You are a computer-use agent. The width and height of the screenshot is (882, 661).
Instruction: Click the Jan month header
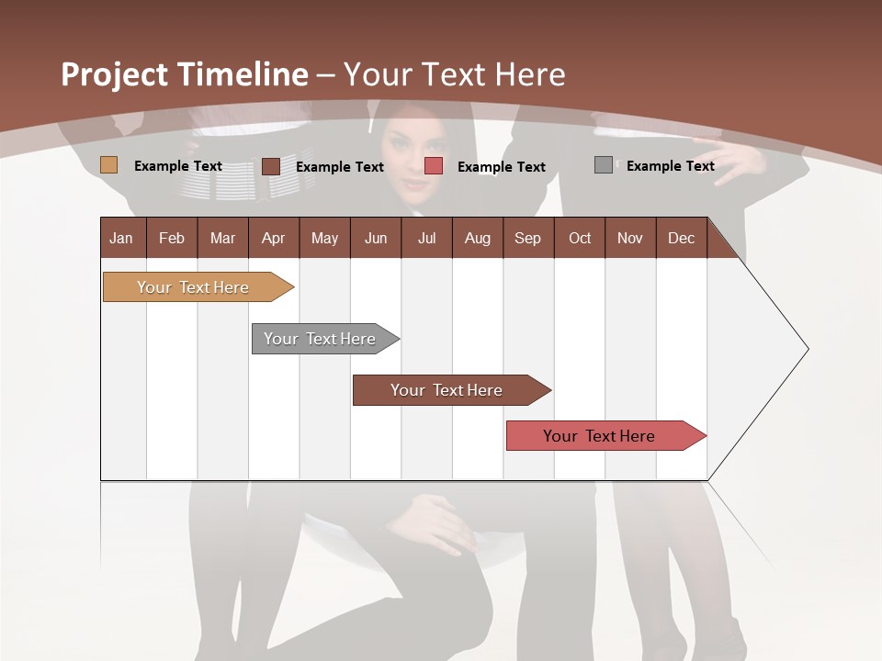click(122, 238)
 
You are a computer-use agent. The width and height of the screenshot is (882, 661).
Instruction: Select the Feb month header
click(172, 238)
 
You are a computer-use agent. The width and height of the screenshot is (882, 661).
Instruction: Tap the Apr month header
click(273, 238)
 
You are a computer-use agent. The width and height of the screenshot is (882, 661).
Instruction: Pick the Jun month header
click(376, 238)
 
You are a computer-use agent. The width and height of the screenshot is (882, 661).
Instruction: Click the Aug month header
click(477, 238)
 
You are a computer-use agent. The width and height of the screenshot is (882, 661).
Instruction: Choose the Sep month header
click(527, 238)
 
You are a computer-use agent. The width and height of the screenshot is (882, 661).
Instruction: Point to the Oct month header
click(580, 238)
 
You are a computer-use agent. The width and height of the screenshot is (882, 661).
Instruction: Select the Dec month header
click(681, 238)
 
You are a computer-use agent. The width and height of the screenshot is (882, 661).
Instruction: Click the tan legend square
click(108, 165)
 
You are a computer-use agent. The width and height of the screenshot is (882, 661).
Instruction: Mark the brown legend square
click(270, 166)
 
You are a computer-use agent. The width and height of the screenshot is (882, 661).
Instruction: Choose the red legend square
click(434, 166)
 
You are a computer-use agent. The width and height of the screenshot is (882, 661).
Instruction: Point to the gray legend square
click(604, 165)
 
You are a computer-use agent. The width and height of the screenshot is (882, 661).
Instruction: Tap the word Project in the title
click(114, 74)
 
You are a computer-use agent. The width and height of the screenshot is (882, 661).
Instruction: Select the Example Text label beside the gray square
click(670, 165)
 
